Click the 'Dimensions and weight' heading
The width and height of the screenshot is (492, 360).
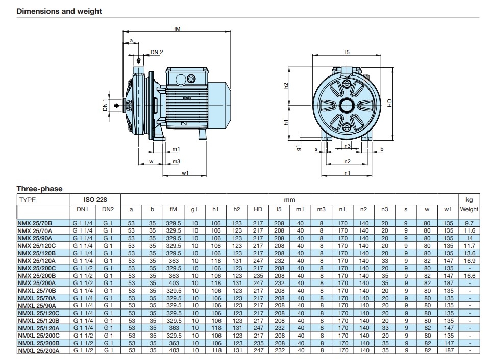pos(59,11)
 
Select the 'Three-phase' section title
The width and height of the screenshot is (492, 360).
pos(39,189)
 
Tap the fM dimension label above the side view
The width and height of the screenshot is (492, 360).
pos(177,29)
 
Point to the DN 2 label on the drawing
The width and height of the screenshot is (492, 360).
pos(157,52)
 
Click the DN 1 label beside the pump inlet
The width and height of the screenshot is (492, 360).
pos(106,106)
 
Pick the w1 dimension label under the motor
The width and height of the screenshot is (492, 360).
pos(185,173)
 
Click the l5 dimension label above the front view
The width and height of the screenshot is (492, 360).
pos(347,52)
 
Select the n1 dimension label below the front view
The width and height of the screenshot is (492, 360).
pos(347,173)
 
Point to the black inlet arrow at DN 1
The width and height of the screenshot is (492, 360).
pos(118,106)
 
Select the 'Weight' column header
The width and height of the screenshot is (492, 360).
pos(469,209)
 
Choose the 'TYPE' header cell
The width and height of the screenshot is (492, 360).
pos(27,200)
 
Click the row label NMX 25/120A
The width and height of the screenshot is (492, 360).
pos(36,260)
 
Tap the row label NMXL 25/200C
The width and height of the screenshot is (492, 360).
pos(38,336)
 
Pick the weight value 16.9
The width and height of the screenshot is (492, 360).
pos(469,260)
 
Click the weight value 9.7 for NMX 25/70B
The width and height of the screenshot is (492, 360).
pos(469,222)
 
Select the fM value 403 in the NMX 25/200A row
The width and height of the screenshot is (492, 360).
pos(174,283)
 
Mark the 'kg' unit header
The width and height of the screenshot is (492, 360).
pos(469,200)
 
